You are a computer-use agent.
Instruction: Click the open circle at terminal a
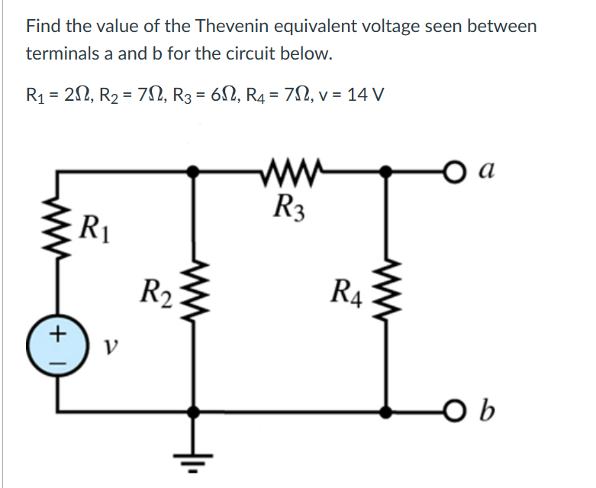point(455,173)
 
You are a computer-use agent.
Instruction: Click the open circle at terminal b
point(455,412)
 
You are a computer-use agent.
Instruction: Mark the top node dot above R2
point(196,173)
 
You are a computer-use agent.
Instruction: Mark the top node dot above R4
point(388,173)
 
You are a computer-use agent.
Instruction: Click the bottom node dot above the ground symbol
point(196,412)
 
